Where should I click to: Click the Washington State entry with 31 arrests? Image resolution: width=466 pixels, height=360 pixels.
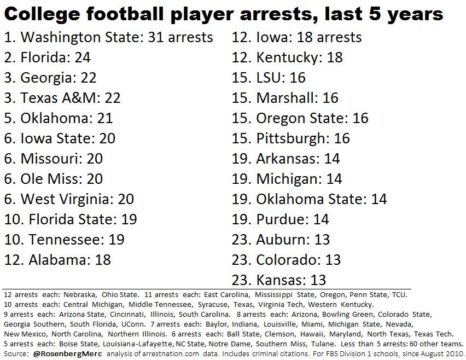click(108, 37)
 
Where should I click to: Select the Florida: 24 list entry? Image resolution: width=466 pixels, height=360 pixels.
click(47, 57)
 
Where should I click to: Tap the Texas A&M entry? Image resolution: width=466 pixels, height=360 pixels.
click(62, 98)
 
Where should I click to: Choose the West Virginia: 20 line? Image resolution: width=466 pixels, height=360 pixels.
click(69, 199)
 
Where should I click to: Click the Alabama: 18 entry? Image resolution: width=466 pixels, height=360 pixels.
click(57, 260)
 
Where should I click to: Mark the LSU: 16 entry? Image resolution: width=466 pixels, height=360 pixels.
click(269, 78)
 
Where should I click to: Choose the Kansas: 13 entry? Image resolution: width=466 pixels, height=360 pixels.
click(279, 280)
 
